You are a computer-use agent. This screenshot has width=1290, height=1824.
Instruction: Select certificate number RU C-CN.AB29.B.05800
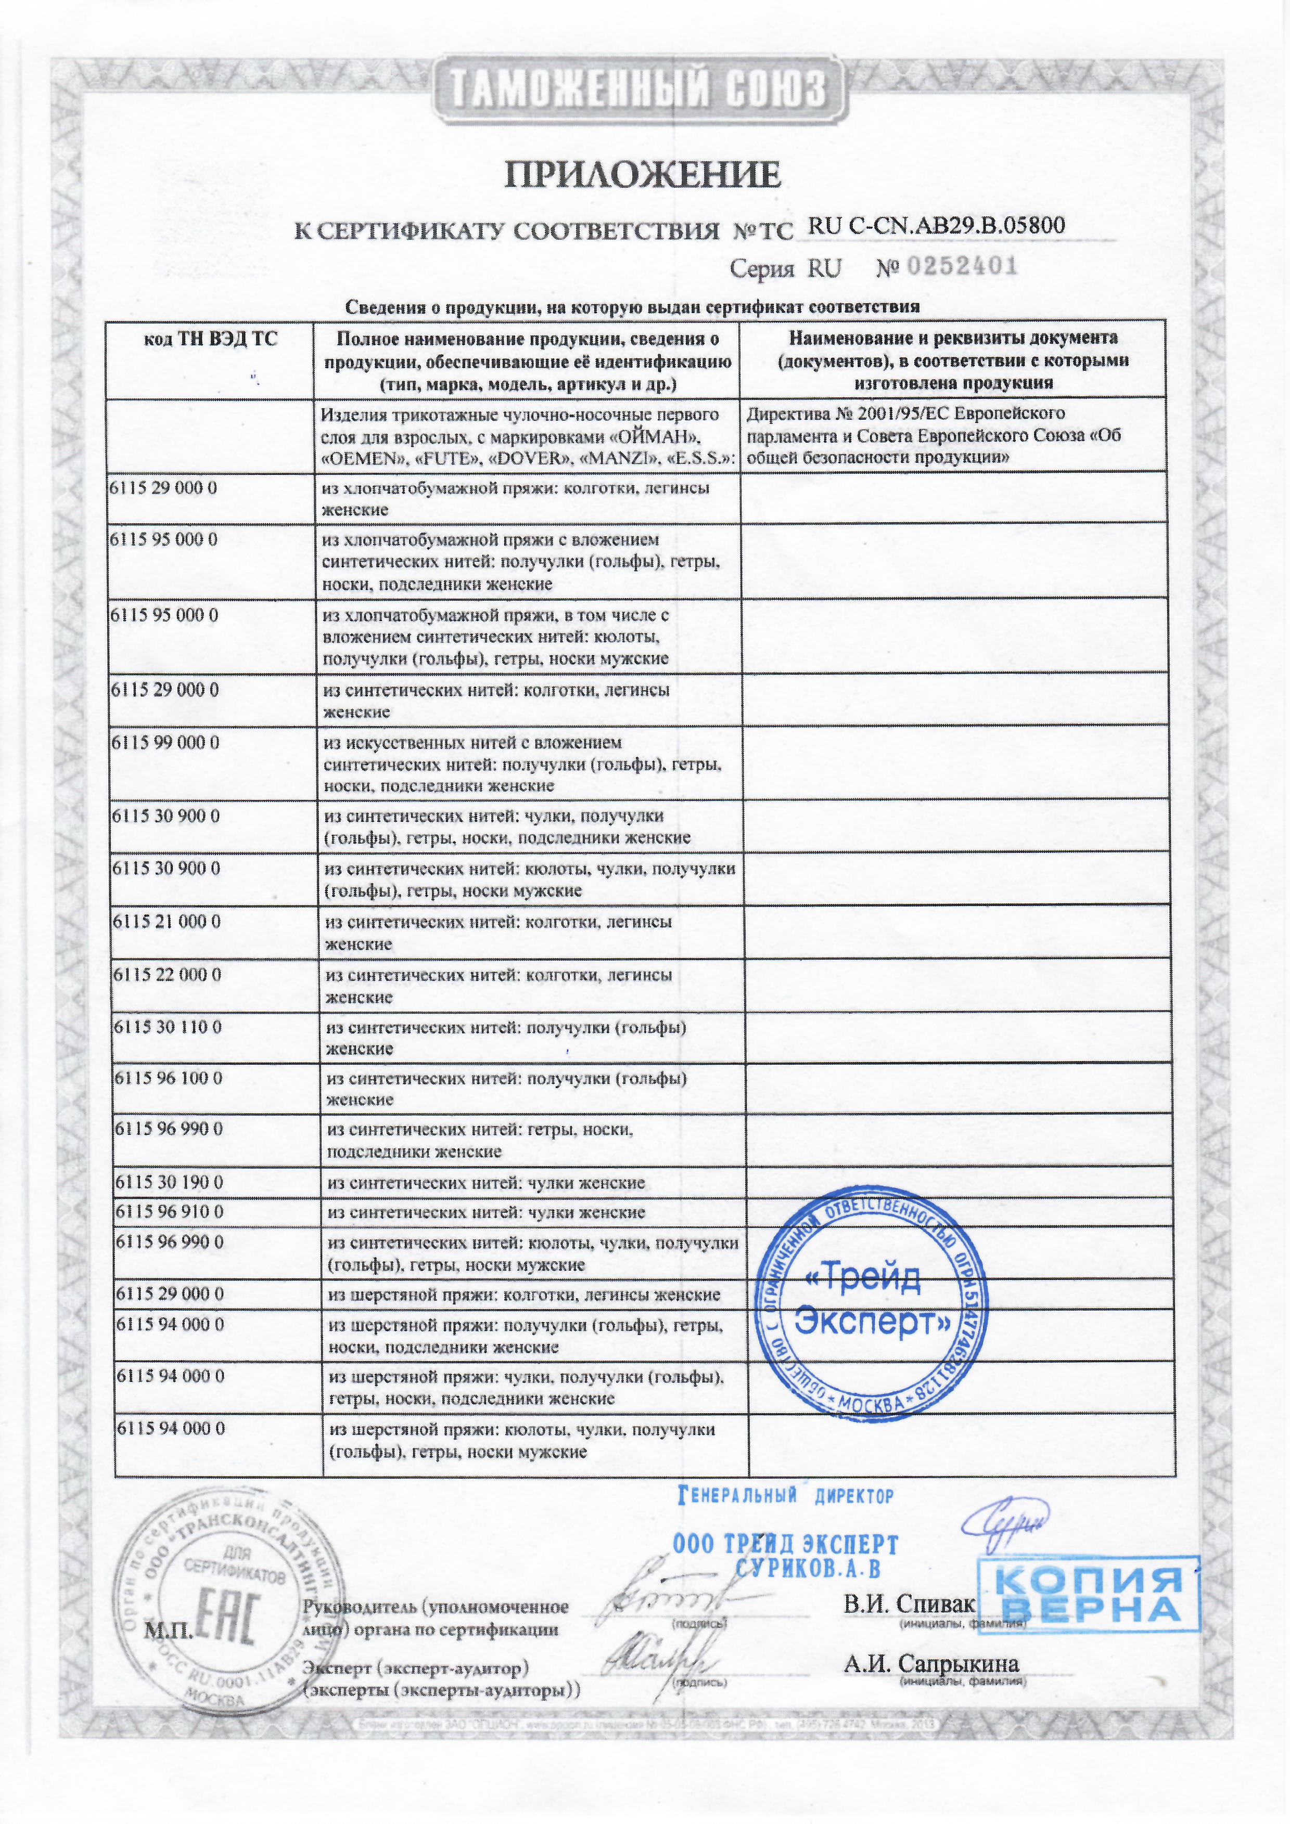coord(936,226)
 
